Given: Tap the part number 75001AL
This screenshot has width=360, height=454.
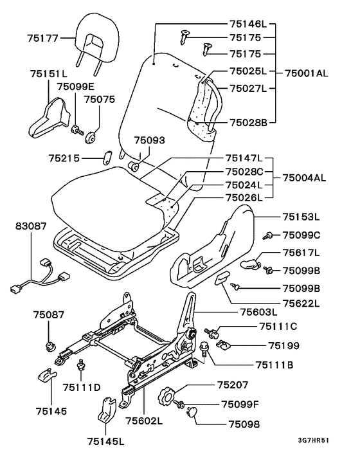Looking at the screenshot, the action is pos(307,73).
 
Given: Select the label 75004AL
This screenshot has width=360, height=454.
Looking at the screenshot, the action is pos(304,177).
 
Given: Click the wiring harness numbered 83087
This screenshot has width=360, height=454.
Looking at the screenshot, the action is pos(40,275).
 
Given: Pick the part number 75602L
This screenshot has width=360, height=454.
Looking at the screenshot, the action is pos(144,421).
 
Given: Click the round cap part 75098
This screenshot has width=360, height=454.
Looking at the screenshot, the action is pos(192,412).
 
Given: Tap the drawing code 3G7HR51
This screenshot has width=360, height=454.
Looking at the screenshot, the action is pos(314,440).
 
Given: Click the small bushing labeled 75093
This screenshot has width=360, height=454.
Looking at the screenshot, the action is pos(134,166).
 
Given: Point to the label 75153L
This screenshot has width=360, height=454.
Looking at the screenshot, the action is pos(301,217).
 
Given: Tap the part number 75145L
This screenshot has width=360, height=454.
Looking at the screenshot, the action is pos(105,441).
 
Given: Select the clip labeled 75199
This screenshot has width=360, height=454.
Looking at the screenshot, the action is pos(224,344).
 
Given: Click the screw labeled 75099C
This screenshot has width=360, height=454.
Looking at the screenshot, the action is pos(268,236).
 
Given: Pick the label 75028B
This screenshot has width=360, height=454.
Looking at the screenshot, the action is pos(249,122).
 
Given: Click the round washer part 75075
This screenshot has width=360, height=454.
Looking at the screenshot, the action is pos(90,137).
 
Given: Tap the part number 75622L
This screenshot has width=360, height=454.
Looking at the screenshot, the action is pos(301,303).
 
